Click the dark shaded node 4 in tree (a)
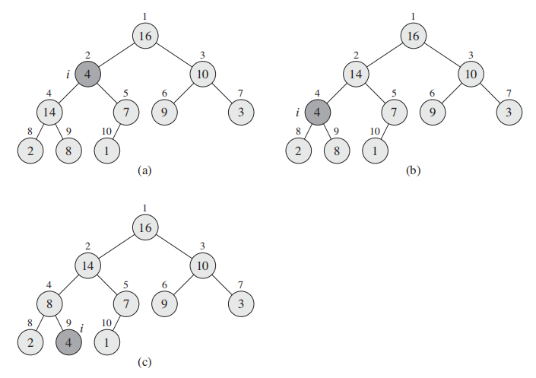[x=88, y=75]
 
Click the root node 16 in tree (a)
[x=145, y=35]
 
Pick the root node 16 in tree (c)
[x=145, y=226]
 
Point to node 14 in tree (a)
[x=50, y=113]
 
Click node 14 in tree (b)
[x=355, y=75]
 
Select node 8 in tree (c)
[x=50, y=303]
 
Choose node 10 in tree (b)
[x=470, y=75]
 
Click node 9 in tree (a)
[x=164, y=113]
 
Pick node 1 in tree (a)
[x=107, y=150]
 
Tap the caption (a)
[x=144, y=171]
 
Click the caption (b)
[x=412, y=171]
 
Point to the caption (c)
[x=144, y=362]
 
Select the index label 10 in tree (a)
[x=108, y=132]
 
